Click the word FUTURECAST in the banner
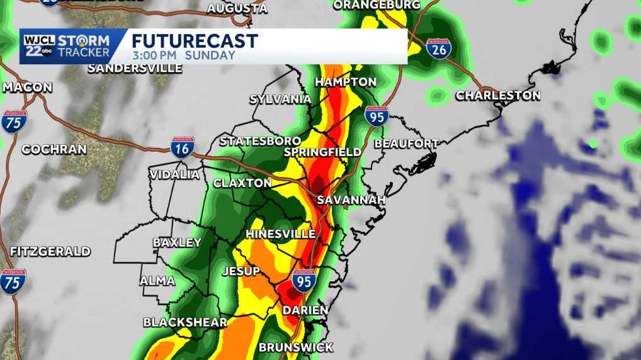click(195, 41)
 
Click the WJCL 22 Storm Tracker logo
click(67, 46)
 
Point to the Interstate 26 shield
click(438, 49)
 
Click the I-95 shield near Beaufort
click(376, 116)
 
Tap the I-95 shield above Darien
click(304, 280)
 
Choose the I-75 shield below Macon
click(13, 121)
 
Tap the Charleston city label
click(497, 96)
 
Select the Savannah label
click(351, 200)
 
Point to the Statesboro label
click(260, 141)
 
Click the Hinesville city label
click(280, 234)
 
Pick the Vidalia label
click(174, 174)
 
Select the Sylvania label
click(280, 99)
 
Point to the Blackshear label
click(184, 322)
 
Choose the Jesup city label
click(241, 271)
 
